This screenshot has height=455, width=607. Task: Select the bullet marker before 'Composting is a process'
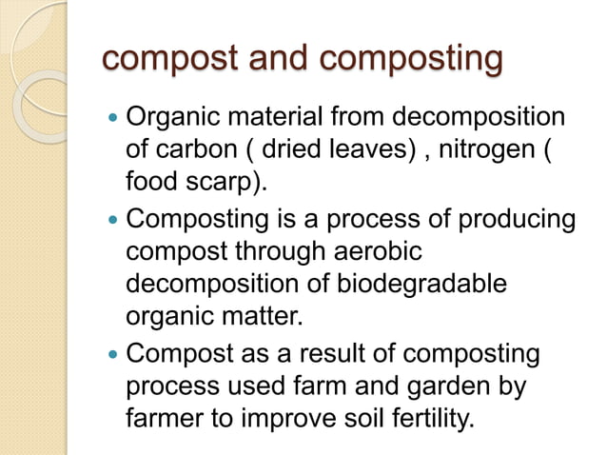pos(114,221)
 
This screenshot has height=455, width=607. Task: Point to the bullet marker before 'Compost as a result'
pos(114,355)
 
